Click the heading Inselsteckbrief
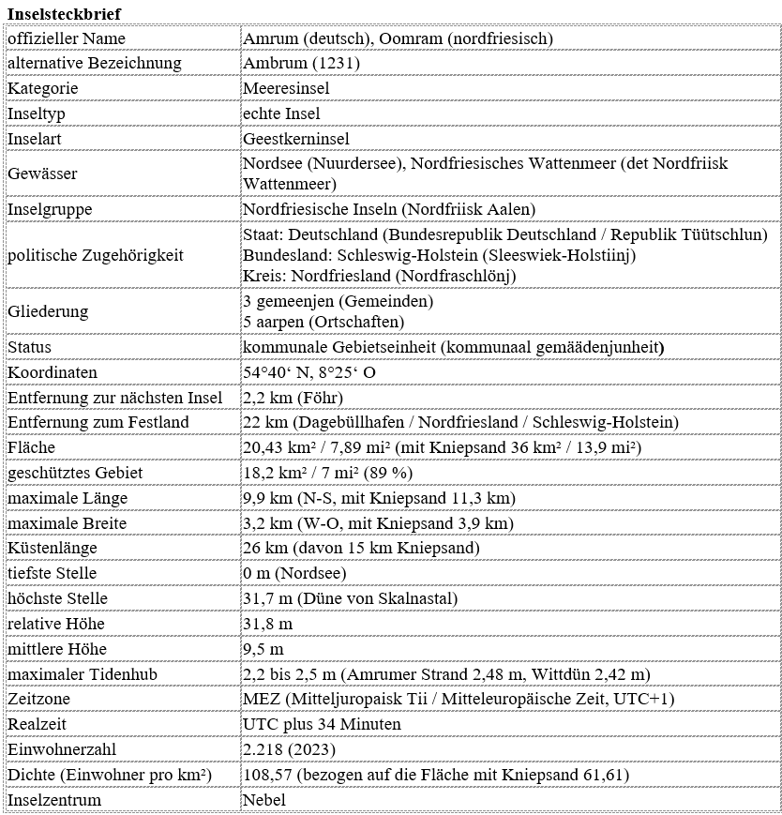63,13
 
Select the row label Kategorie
42,88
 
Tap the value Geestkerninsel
295,139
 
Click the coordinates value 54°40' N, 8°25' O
309,372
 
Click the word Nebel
263,800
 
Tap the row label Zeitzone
38,700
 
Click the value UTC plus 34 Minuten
322,724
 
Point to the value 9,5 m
263,649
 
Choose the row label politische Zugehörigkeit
96,254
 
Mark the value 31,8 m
267,624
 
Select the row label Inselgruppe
49,208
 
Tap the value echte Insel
281,113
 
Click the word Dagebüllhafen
346,423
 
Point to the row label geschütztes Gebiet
75,473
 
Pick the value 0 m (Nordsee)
294,573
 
